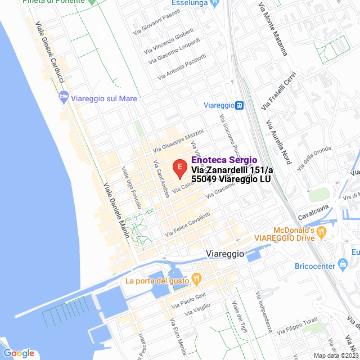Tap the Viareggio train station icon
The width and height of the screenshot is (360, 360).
click(240, 105)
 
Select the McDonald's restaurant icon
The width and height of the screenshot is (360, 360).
click(321, 231)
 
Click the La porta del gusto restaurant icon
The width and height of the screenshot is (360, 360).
click(196, 277)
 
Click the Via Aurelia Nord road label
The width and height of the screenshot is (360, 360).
click(279, 145)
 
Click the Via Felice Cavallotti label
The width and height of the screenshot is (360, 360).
click(188, 224)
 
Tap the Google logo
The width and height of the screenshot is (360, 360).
click(19, 353)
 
